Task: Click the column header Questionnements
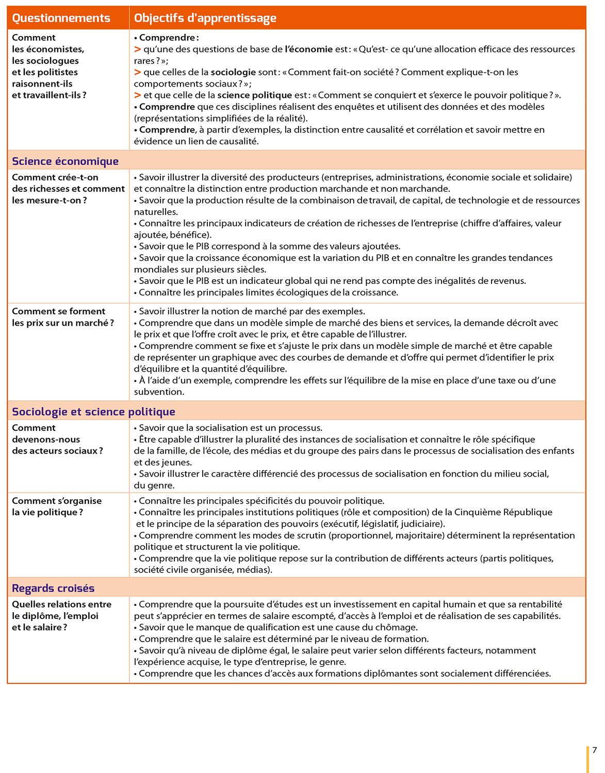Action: click(x=61, y=18)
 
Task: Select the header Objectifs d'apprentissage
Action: click(x=205, y=18)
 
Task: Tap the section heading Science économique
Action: click(x=65, y=161)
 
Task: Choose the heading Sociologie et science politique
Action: click(x=93, y=412)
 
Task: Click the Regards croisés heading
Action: click(x=53, y=589)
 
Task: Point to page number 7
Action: click(x=594, y=750)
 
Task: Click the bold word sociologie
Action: click(x=233, y=72)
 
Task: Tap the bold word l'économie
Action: click(x=308, y=49)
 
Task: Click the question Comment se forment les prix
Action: click(x=62, y=317)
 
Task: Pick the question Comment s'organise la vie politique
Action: click(x=57, y=507)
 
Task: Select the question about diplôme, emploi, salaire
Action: click(x=61, y=616)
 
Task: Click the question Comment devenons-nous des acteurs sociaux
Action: click(x=57, y=439)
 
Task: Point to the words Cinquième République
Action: click(x=503, y=512)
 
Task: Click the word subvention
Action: click(x=159, y=392)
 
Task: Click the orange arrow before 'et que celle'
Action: click(x=138, y=95)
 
